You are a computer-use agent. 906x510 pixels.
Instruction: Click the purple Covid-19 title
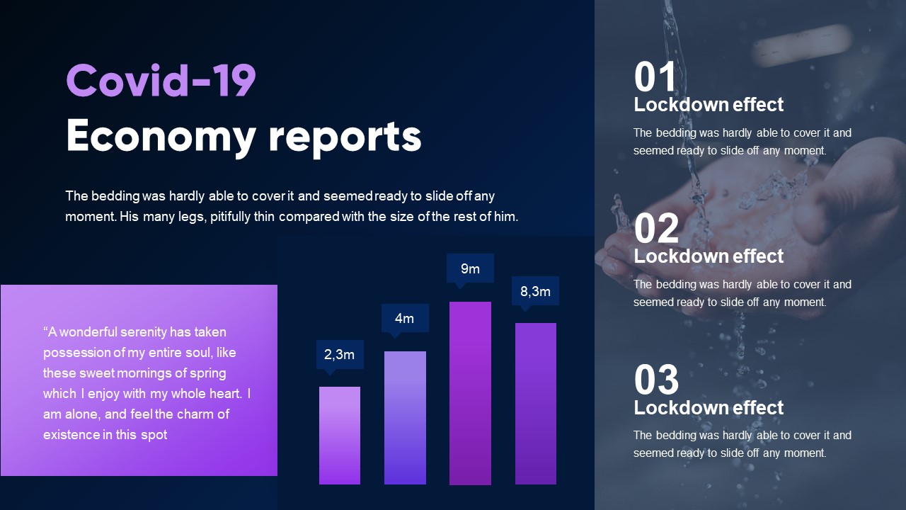pos(161,81)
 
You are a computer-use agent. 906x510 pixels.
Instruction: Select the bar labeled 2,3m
pos(340,436)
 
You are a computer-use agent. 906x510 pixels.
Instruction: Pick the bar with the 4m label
pos(405,418)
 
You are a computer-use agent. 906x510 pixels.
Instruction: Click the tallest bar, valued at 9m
pos(470,393)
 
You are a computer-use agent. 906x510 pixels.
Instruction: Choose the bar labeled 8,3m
pos(536,404)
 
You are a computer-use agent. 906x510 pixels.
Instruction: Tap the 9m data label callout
pos(470,268)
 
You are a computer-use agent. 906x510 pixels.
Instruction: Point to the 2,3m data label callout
pos(340,354)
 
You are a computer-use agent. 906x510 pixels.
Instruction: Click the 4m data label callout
pos(404,318)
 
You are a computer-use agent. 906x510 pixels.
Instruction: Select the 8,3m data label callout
pos(535,291)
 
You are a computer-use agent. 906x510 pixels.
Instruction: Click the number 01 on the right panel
pos(655,77)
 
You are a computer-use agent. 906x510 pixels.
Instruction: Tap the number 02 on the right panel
pos(656,229)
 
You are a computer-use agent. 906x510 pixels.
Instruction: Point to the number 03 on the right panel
pos(656,380)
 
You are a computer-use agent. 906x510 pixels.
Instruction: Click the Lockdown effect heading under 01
pos(709,105)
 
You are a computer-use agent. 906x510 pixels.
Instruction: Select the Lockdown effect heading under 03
pos(709,408)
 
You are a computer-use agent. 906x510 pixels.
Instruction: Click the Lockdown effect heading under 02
pos(709,256)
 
